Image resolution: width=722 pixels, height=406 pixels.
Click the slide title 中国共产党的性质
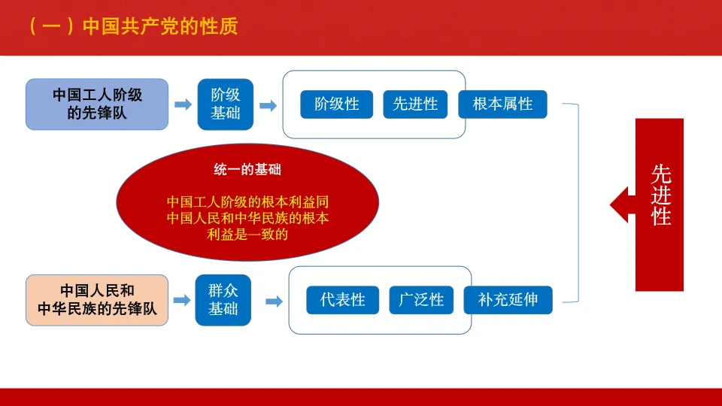(x=159, y=27)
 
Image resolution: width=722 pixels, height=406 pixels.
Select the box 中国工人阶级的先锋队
(x=97, y=105)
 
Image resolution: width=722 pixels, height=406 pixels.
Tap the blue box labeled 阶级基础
(x=225, y=105)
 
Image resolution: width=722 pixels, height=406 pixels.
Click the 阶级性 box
(x=336, y=105)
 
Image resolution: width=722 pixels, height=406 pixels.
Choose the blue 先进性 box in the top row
(x=415, y=105)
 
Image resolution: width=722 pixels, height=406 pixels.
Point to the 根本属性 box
(x=502, y=105)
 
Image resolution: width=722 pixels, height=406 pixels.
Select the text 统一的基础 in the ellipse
(x=247, y=170)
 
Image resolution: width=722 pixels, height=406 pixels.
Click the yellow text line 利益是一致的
(x=247, y=234)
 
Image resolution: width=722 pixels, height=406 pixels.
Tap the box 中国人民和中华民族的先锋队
(x=97, y=300)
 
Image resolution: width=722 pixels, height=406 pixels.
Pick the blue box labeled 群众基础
(x=223, y=300)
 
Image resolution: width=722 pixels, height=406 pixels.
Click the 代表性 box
(x=342, y=300)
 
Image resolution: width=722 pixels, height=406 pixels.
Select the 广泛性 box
(x=421, y=300)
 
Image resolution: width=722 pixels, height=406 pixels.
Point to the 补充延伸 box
(x=508, y=300)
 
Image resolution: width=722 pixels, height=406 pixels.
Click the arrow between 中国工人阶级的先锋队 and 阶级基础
(x=183, y=105)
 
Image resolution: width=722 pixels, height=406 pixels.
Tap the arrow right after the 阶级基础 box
(x=266, y=105)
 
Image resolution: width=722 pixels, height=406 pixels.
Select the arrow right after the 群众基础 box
(x=274, y=301)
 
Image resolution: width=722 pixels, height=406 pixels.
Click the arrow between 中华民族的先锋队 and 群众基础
(x=182, y=300)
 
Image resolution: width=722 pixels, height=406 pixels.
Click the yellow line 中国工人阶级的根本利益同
(x=247, y=202)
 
